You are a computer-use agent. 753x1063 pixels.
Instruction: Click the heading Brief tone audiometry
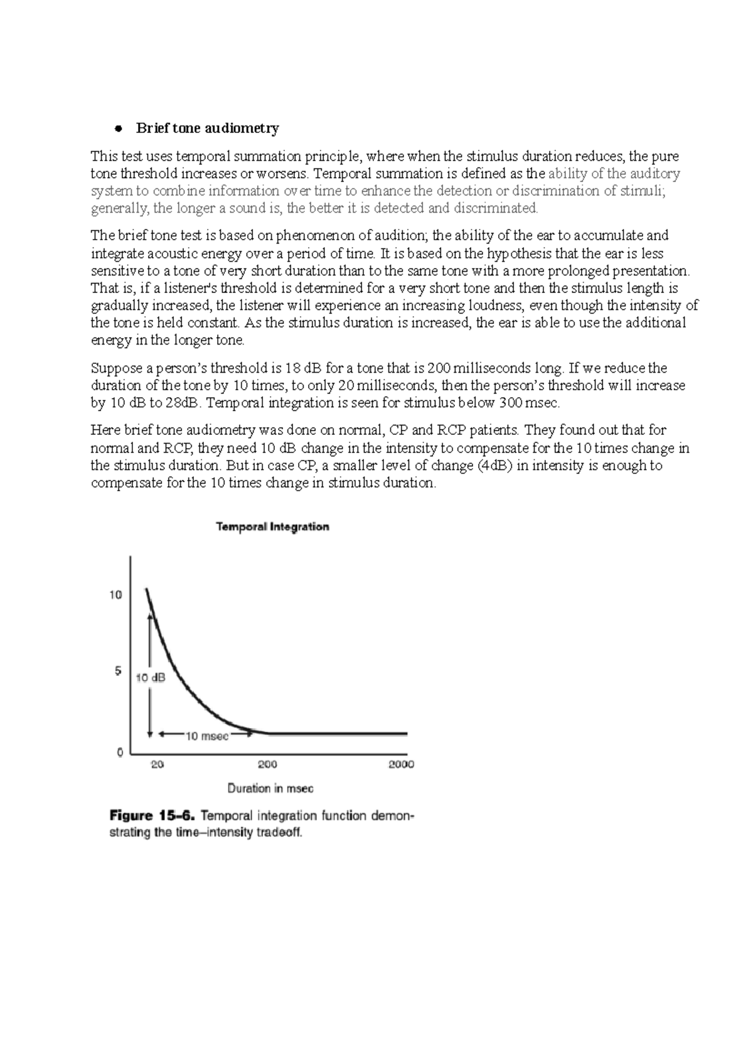207,128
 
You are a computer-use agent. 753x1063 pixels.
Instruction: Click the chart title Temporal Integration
272,526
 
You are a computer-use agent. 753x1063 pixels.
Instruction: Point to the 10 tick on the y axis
115,594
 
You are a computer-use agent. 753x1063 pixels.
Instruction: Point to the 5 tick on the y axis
118,671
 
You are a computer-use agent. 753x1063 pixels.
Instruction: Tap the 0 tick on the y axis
120,752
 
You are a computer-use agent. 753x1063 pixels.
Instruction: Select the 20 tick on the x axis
158,764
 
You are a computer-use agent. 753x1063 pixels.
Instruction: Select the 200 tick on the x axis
267,764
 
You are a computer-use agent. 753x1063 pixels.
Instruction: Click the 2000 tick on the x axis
401,764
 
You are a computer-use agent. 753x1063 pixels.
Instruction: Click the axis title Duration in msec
270,788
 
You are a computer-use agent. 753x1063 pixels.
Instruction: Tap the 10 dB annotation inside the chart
151,678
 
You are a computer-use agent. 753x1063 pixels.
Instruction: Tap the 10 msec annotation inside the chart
207,736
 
